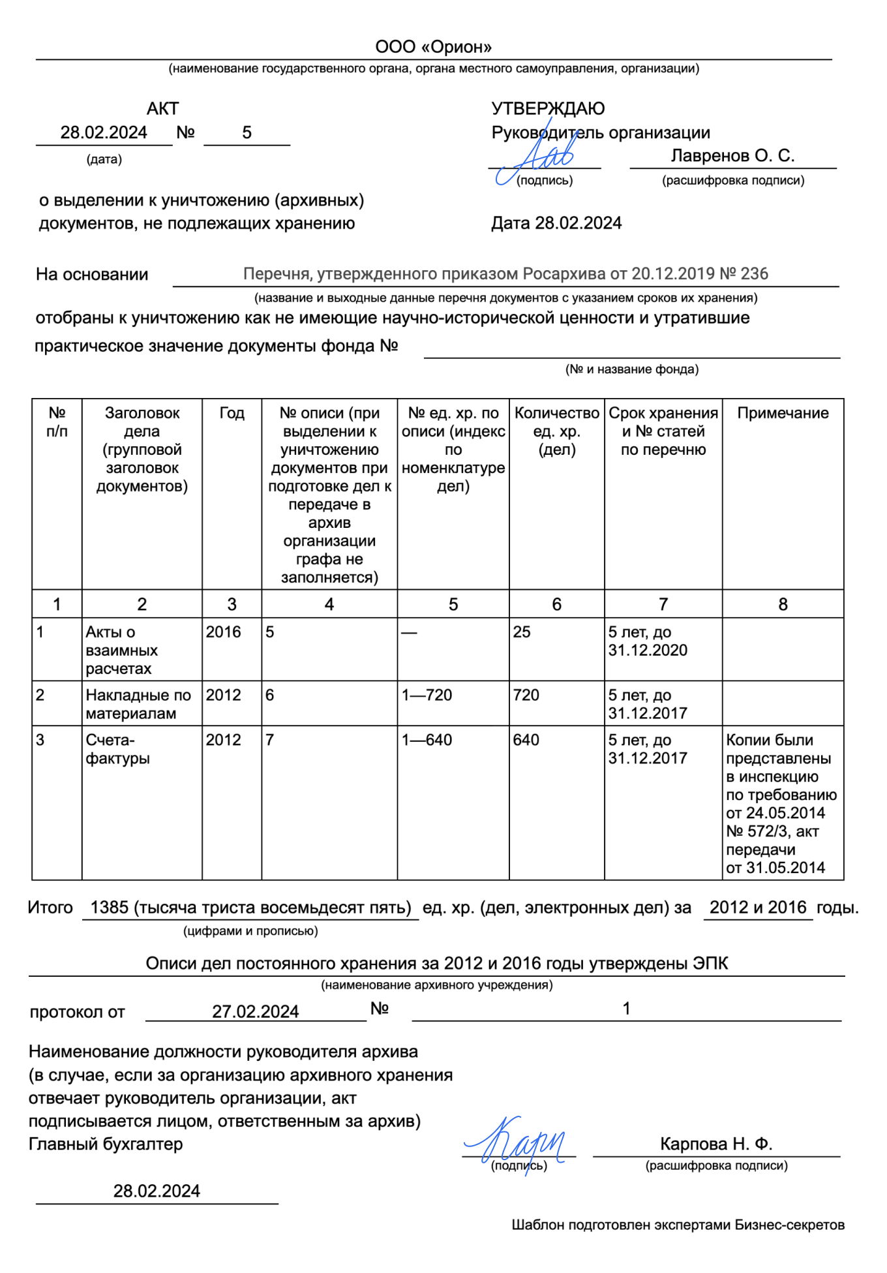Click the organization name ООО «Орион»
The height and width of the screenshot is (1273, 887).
coord(433,47)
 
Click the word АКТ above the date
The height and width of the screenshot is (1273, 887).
coord(162,108)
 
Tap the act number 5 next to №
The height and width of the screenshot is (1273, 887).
coord(247,132)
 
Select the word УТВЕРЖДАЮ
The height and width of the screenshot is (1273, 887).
coord(548,108)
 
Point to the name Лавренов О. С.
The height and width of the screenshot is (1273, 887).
coord(732,155)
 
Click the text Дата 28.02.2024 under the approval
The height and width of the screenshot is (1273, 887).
coord(556,223)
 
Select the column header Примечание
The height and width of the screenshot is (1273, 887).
coord(783,413)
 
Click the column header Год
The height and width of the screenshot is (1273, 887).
coord(232,413)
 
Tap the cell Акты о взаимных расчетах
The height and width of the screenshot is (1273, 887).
coord(121,650)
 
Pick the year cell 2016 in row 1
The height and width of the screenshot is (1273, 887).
coord(223,632)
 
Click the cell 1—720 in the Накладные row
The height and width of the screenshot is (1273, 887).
coord(427,695)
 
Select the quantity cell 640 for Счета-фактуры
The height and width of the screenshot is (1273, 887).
coord(526,740)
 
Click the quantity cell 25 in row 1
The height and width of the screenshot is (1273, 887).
coord(522,632)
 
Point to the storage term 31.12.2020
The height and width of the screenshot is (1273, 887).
coord(648,650)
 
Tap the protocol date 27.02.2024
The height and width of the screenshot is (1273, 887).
coord(255,1011)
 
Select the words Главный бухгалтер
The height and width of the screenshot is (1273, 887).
coord(106,1144)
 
